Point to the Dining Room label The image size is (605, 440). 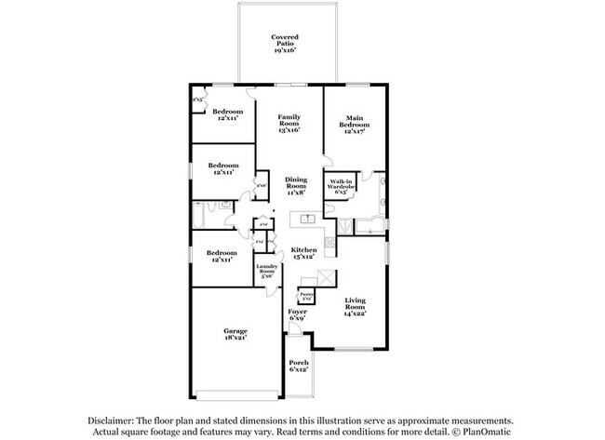pos(296,182)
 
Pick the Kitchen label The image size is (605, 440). pos(303,251)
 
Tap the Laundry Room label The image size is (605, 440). pos(266,271)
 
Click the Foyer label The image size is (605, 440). pos(298,314)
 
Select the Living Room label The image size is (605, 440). pos(356,303)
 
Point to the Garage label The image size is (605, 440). pos(235,330)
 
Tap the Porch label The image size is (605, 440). pos(299,362)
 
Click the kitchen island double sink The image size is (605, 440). pos(304,220)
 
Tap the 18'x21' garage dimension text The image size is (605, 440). pos(235,339)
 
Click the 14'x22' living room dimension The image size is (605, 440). pos(356,313)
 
